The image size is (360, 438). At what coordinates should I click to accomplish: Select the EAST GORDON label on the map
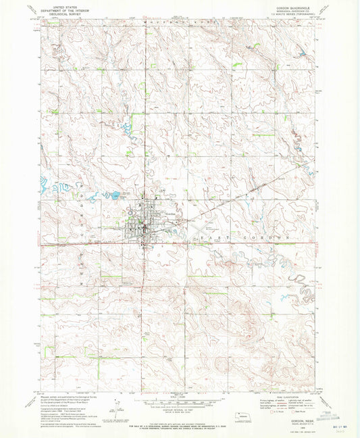point(242,239)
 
